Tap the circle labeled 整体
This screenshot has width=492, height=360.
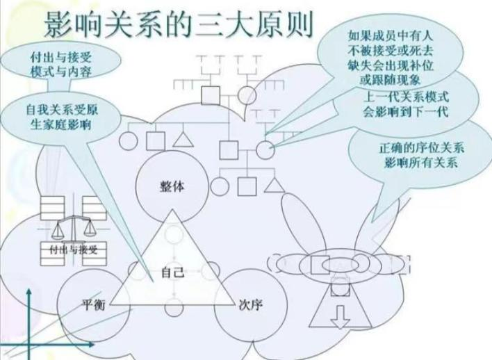point(172,186)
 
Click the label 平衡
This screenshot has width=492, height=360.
point(92,304)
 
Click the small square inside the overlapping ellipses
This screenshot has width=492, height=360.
point(320,265)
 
